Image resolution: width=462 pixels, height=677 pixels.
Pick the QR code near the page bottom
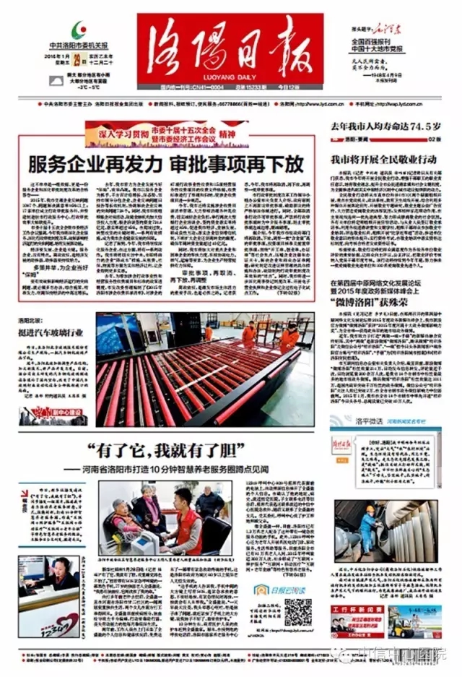pyautogui.click(x=297, y=611)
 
